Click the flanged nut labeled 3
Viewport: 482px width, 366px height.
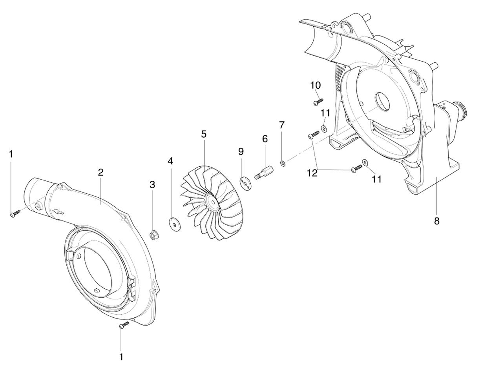point(154,235)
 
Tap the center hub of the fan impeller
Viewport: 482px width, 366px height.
point(212,202)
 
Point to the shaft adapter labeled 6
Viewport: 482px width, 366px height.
point(263,173)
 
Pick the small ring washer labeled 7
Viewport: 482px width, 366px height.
point(283,163)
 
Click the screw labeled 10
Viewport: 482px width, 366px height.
point(318,101)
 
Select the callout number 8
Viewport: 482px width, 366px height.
point(437,221)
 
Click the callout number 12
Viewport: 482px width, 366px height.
point(312,173)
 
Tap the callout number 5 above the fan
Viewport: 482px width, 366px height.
point(204,134)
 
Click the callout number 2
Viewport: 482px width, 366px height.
point(100,172)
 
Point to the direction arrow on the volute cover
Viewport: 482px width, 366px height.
point(58,211)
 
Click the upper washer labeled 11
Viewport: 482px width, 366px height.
point(324,129)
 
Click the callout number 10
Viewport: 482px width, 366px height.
point(315,85)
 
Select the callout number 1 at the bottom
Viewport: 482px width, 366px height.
point(121,357)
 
